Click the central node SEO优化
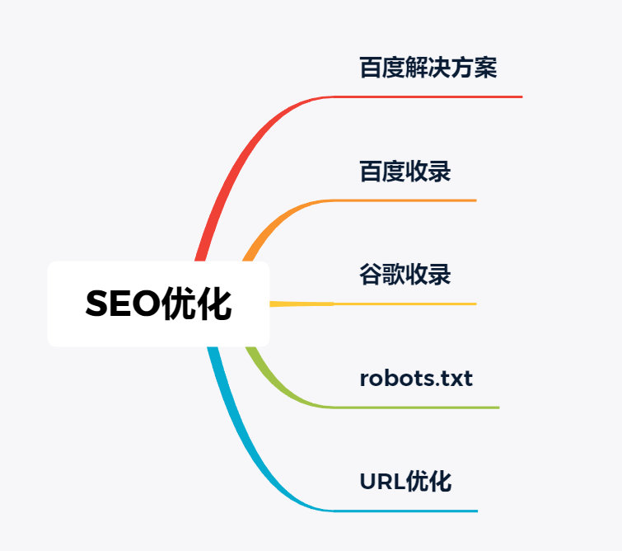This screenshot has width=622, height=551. (x=158, y=304)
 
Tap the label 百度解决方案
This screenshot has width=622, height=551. (x=428, y=68)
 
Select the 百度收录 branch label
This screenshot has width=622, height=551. (x=405, y=172)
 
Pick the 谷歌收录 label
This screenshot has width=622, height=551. (x=405, y=275)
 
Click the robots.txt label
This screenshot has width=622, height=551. (x=416, y=378)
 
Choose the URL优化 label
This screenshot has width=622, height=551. (x=405, y=482)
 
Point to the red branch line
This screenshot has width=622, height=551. (x=278, y=119)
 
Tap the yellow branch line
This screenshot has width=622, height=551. (x=373, y=304)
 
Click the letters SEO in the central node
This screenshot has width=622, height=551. (x=123, y=304)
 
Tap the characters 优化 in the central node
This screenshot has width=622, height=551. (x=196, y=304)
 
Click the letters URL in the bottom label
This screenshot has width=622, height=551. (x=382, y=482)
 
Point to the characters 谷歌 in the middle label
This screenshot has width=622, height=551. (x=382, y=275)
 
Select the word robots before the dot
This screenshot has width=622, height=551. (x=397, y=378)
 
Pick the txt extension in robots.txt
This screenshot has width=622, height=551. (x=456, y=378)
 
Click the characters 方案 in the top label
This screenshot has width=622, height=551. (x=475, y=68)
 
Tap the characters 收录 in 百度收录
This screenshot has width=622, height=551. (x=428, y=172)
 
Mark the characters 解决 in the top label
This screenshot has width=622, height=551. (x=428, y=68)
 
